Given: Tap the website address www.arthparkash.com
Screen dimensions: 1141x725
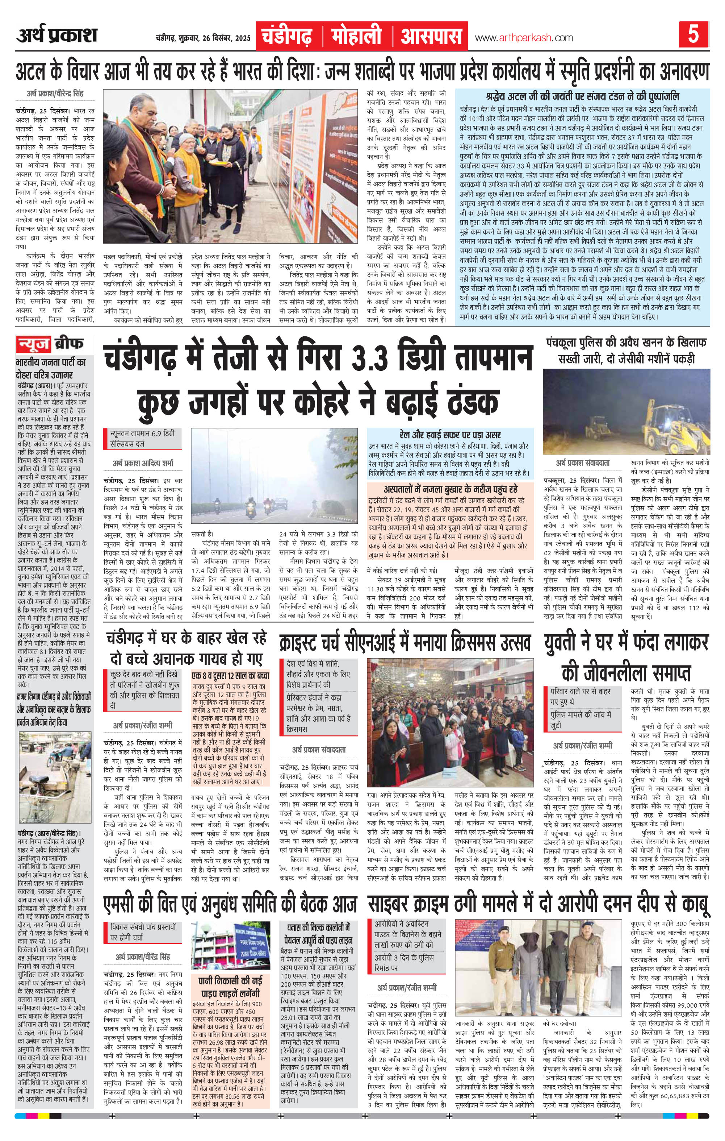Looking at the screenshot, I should [524, 38].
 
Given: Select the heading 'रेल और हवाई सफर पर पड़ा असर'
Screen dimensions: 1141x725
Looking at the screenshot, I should [449, 435].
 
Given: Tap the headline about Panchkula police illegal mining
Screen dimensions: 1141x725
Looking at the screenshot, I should [626, 350].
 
